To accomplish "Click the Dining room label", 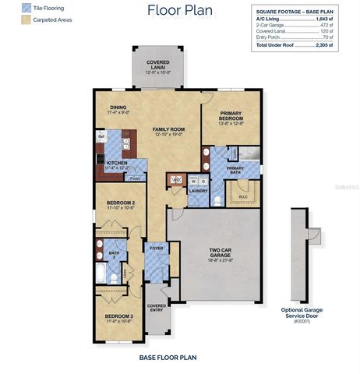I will tap(118, 108).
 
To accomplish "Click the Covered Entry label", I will tap(157, 307).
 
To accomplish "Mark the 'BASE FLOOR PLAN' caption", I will tap(167, 358).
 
